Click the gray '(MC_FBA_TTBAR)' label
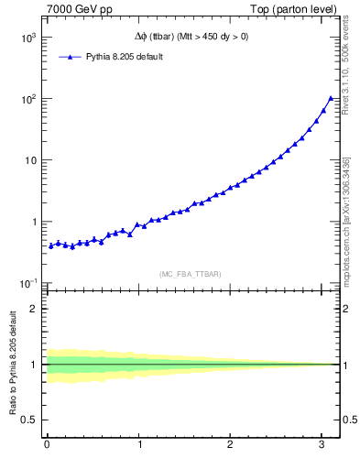(191, 273)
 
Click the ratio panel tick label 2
(35, 308)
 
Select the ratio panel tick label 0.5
(31, 420)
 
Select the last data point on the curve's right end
(331, 98)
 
